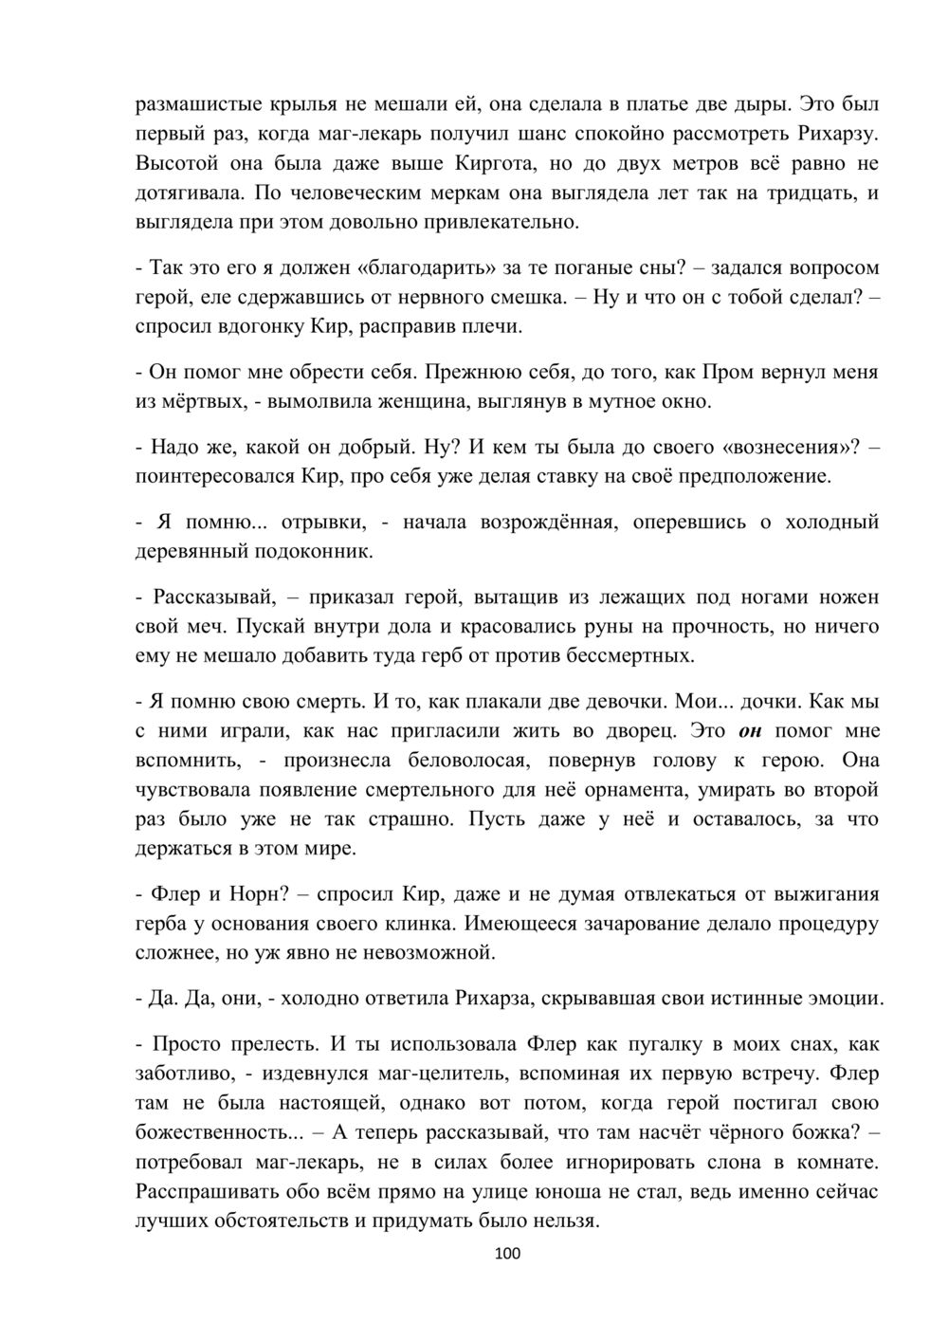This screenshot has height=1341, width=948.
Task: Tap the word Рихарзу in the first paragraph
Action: [826, 134]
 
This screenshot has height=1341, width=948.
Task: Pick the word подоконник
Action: [312, 551]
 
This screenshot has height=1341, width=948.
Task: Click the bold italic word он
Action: [749, 731]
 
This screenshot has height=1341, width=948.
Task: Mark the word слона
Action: [741, 1162]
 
